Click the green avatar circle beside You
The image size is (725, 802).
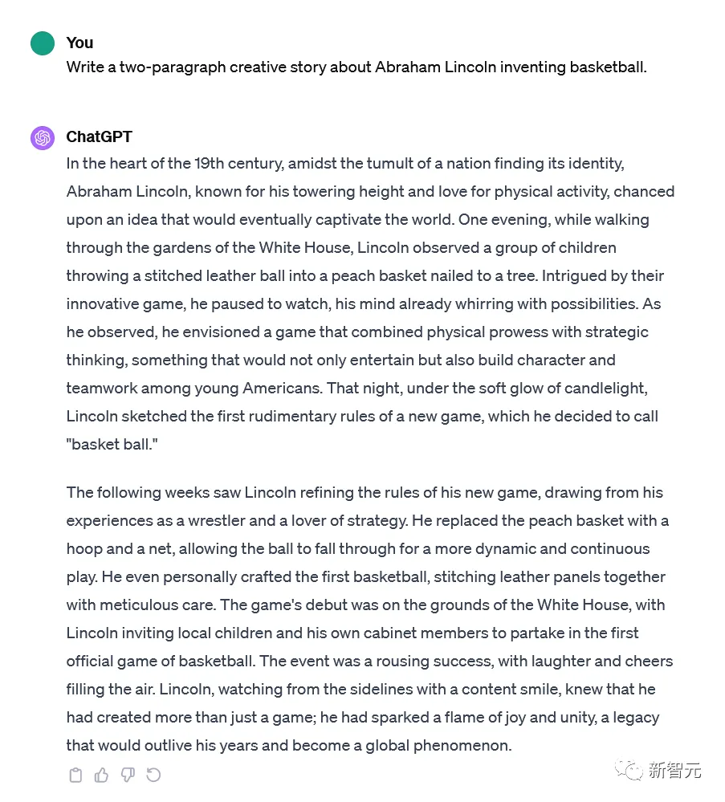[43, 43]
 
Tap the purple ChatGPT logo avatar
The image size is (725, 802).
[43, 137]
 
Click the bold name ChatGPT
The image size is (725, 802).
[99, 137]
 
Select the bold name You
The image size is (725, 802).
[79, 43]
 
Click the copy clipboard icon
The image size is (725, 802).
[75, 775]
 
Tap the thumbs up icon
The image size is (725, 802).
[101, 775]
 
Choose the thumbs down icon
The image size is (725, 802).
[127, 775]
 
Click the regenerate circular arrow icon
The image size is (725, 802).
[153, 775]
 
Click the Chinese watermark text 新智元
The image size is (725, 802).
[675, 771]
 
